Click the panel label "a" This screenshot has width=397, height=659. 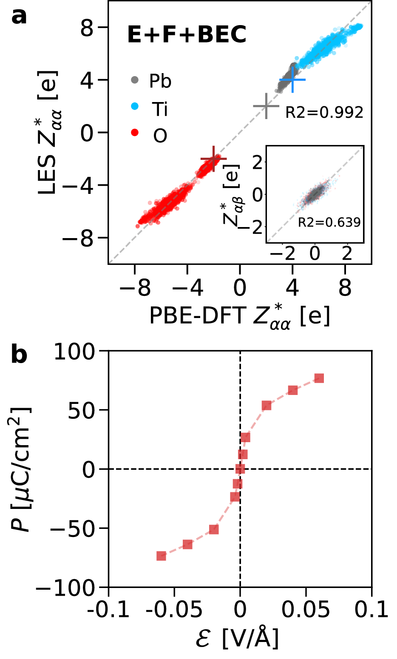[19, 17]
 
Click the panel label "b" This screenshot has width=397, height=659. [19, 355]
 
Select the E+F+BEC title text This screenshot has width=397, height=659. [187, 35]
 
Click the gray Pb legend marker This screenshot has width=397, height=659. [135, 80]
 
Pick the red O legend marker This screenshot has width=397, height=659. [135, 133]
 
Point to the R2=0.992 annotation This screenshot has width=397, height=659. [324, 112]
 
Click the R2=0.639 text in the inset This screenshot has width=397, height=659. [329, 222]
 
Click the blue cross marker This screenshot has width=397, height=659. [292, 80]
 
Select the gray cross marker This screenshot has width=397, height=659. [266, 106]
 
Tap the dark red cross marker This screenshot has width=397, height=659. [213, 159]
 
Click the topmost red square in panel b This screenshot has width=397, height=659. [319, 378]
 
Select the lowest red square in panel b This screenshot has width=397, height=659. [161, 556]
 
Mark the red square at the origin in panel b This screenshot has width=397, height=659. [240, 469]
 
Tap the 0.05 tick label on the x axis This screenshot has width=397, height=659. [306, 610]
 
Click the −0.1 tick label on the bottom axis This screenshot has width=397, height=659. [108, 610]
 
